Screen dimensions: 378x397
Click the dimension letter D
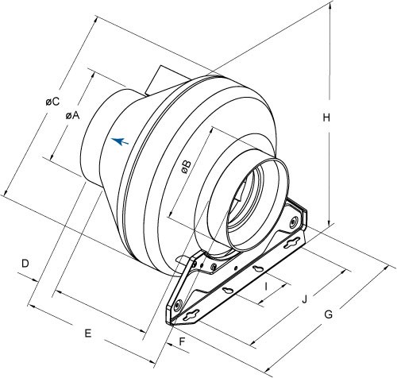point(25,262)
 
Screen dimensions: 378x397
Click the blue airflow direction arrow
point(119,141)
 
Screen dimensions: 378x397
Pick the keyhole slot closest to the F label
point(190,317)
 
